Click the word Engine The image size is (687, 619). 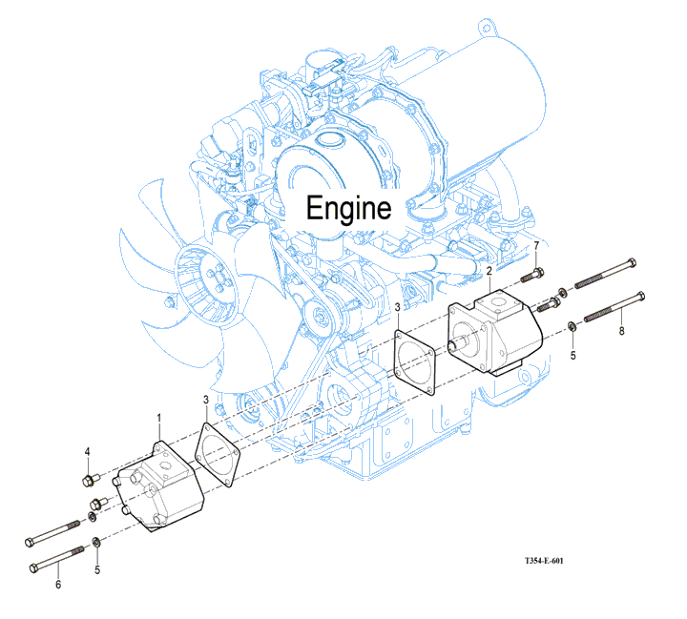point(347,209)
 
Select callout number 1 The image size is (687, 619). point(158,418)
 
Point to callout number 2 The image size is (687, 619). point(489,272)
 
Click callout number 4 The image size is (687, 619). point(87,452)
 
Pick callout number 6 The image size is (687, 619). point(57,584)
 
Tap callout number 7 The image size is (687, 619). point(536,247)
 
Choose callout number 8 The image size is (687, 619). point(621,332)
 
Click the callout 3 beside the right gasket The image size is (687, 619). point(397,307)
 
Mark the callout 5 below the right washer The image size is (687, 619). point(573,355)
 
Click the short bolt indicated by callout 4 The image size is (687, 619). point(89,478)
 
